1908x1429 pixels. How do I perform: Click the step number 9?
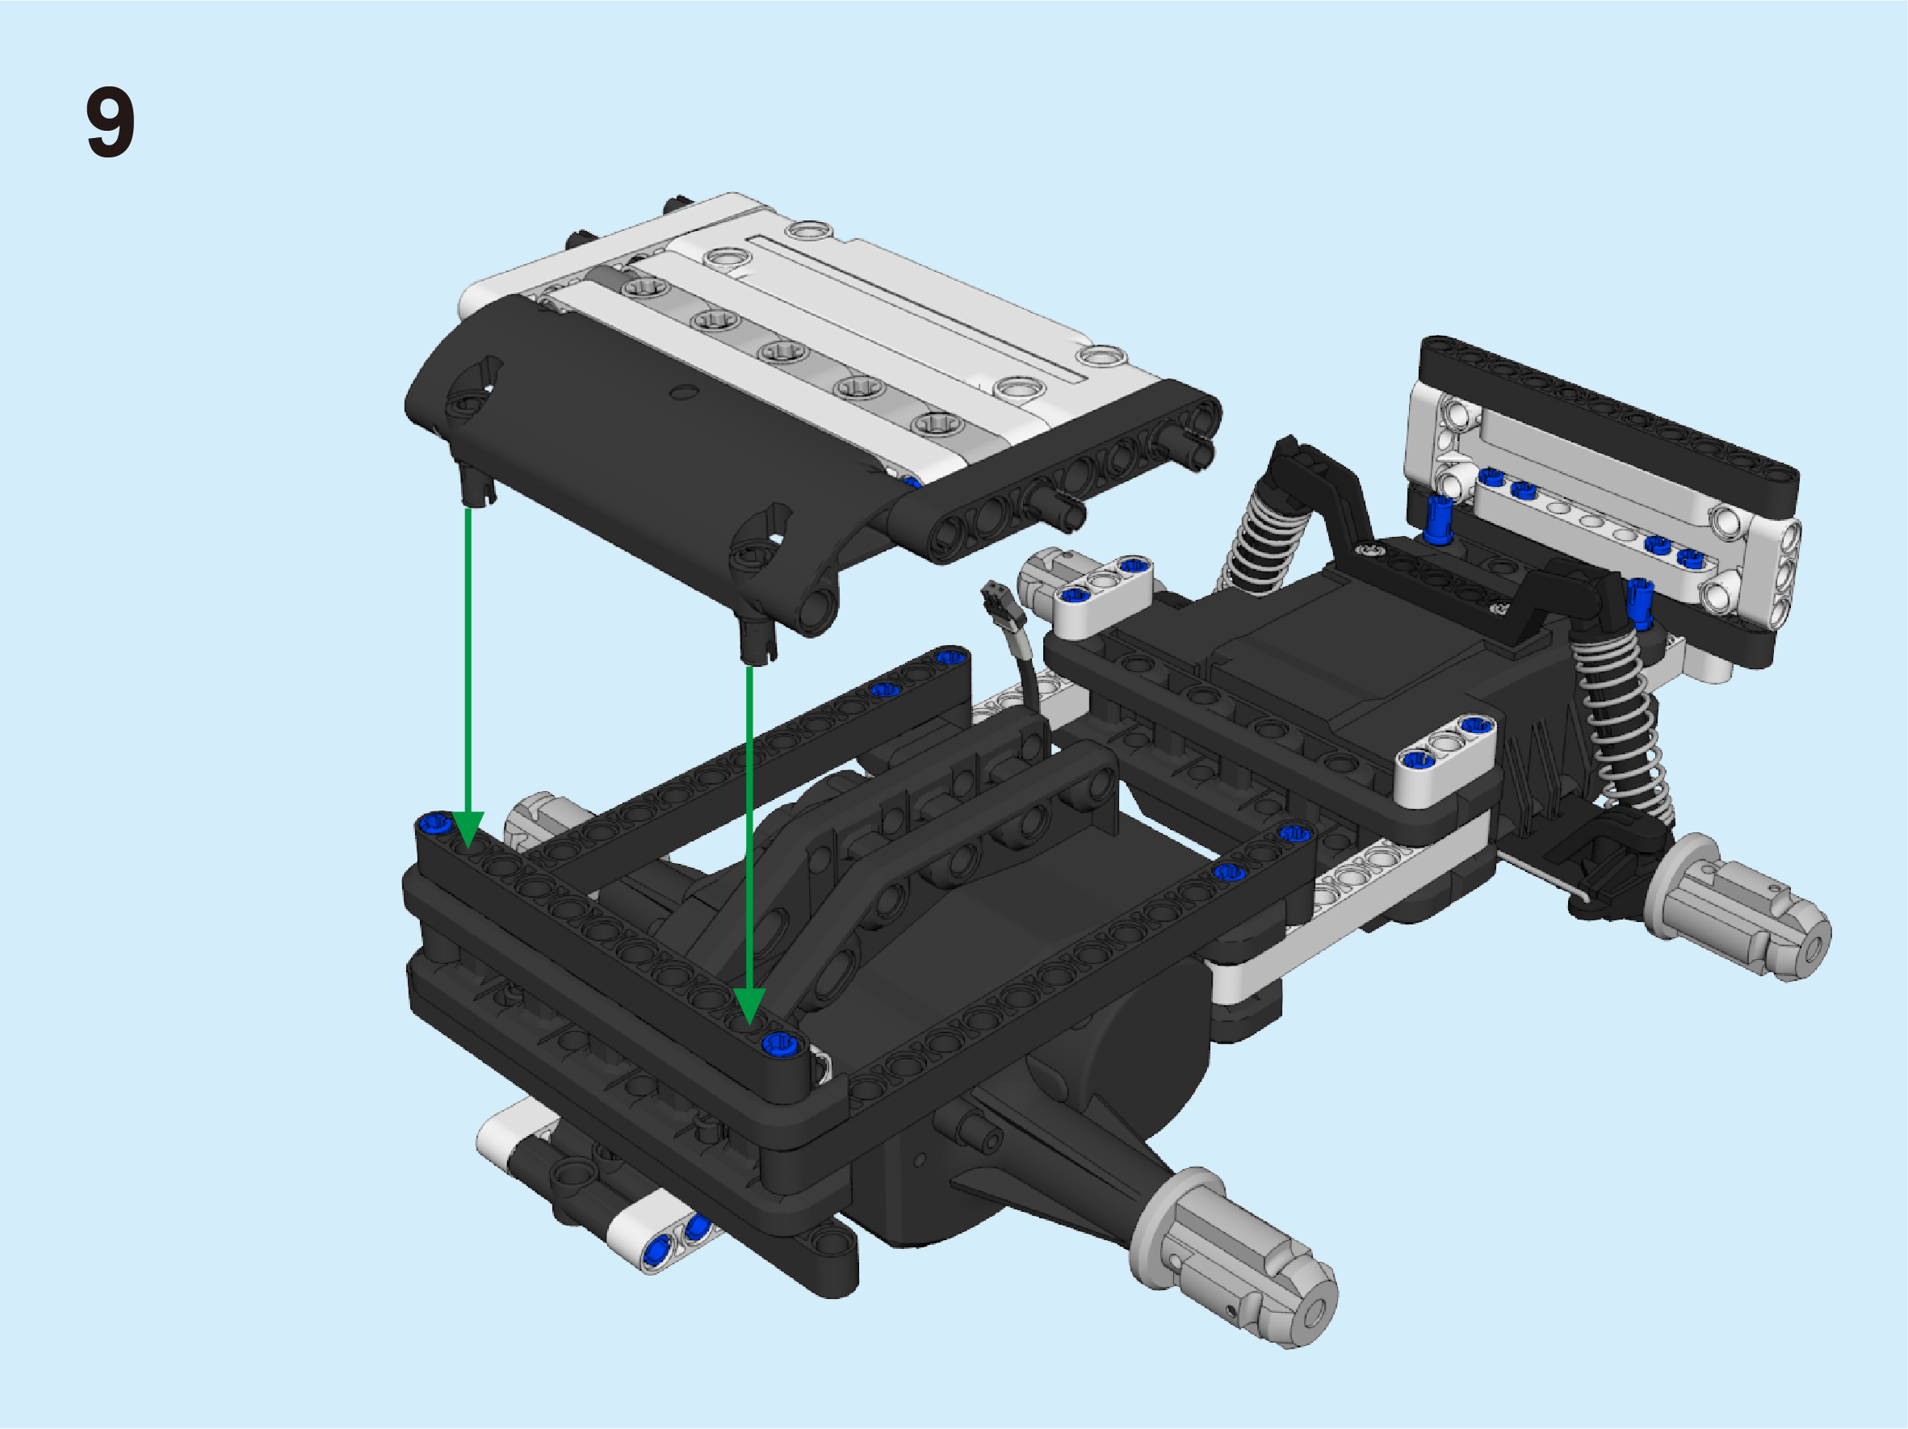(111, 122)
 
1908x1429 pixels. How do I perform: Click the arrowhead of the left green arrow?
(468, 830)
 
